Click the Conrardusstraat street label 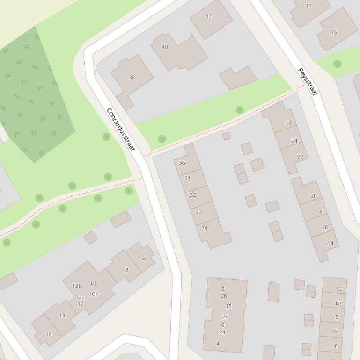pos(121,130)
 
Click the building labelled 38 pos(132,77)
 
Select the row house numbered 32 pos(193,194)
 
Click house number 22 pos(300,157)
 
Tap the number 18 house pos(319,211)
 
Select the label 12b pos(77,286)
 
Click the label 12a pos(80,297)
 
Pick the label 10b pos(94,294)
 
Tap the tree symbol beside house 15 pos(337,64)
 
